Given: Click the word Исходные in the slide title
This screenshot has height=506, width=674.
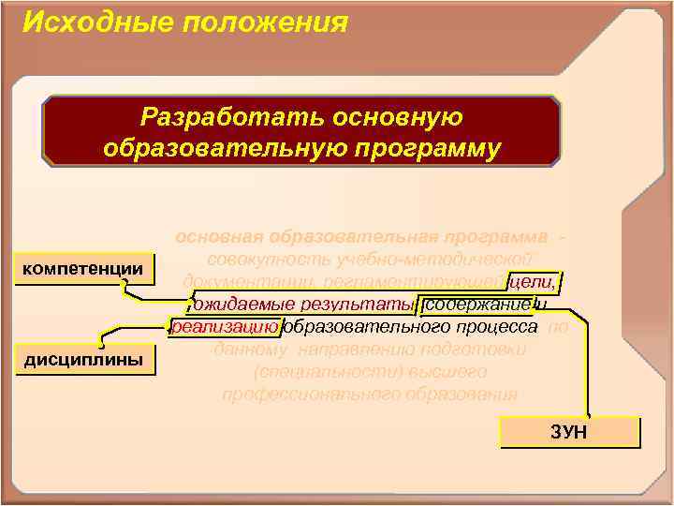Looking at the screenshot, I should point(80,22).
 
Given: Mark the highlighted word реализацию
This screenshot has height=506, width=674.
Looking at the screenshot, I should point(225,326).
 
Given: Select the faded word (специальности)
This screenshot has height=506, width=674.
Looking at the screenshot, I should point(309,371).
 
